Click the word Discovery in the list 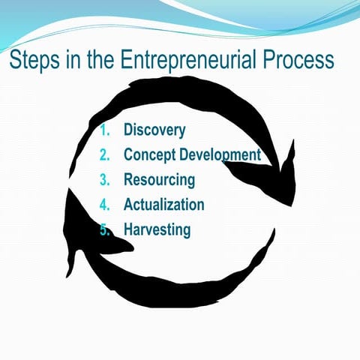point(154,130)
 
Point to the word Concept point(147,155)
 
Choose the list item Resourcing point(159,180)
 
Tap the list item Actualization point(163,204)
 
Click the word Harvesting point(157,229)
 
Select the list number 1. point(104,130)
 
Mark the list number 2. point(104,155)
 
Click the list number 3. point(104,180)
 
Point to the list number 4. point(104,204)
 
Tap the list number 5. point(105,229)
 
